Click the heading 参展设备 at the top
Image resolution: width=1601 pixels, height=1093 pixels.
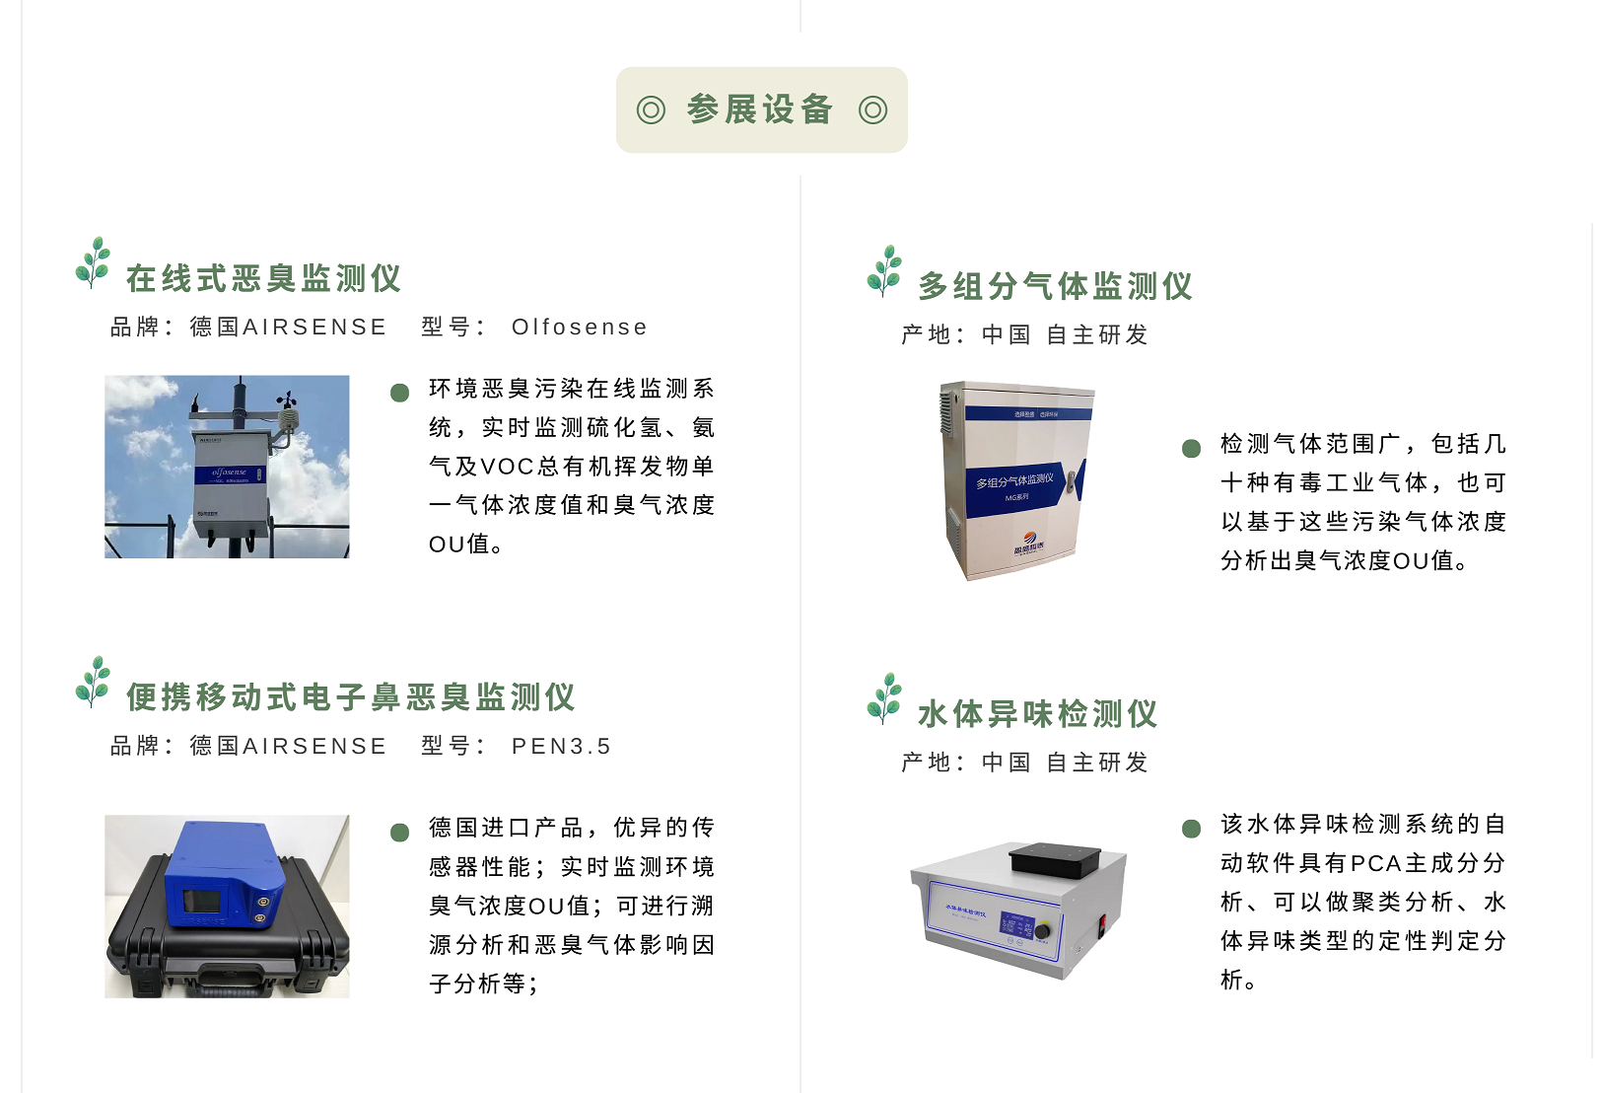pos(760,109)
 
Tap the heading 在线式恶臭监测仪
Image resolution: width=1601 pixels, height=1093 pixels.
pos(263,278)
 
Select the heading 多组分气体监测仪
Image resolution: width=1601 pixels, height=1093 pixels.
pos(1055,286)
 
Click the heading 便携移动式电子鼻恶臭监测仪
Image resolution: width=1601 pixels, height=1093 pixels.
pos(350,697)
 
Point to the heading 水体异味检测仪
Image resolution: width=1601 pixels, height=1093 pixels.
pos(1037,713)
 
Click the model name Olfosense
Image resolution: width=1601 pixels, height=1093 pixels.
pos(580,328)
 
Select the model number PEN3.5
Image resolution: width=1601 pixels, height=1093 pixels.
pos(561,747)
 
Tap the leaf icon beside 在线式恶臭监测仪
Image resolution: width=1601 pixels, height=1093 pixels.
pos(94,262)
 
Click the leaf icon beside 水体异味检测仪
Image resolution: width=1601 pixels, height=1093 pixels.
pos(884,698)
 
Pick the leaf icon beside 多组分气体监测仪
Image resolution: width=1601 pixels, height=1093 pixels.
pos(884,271)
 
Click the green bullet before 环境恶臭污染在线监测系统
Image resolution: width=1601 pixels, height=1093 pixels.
pos(399,393)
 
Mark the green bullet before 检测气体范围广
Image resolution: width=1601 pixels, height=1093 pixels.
pos(1191,448)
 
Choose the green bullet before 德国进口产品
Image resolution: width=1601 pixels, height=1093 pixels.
pos(399,832)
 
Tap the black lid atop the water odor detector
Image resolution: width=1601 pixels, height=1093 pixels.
pos(1054,858)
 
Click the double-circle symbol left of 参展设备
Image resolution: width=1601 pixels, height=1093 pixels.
pos(651,109)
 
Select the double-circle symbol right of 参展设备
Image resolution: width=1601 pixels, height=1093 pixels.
pos(872,109)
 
